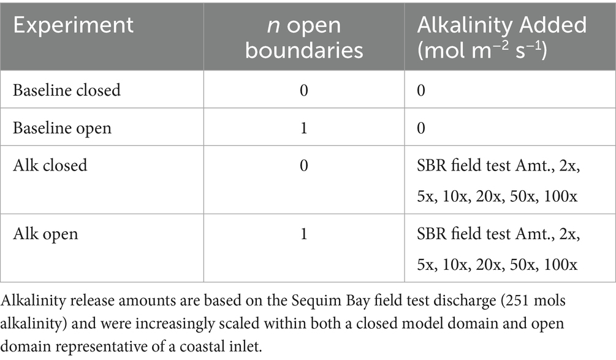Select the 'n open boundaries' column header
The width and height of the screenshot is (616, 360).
pos(304,37)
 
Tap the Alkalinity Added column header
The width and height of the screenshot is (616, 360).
pos(502,37)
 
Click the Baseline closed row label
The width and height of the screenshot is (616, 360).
pos(67,90)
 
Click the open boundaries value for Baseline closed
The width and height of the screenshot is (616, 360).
pos(304,90)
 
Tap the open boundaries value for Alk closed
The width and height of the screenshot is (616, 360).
pos(304,166)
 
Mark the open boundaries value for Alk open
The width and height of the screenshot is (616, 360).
pos(304,234)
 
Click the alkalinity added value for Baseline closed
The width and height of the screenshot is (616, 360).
pos(422,90)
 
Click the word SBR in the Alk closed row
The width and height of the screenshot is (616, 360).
pos(431,166)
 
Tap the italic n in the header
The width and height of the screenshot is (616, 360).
pos(268,25)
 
